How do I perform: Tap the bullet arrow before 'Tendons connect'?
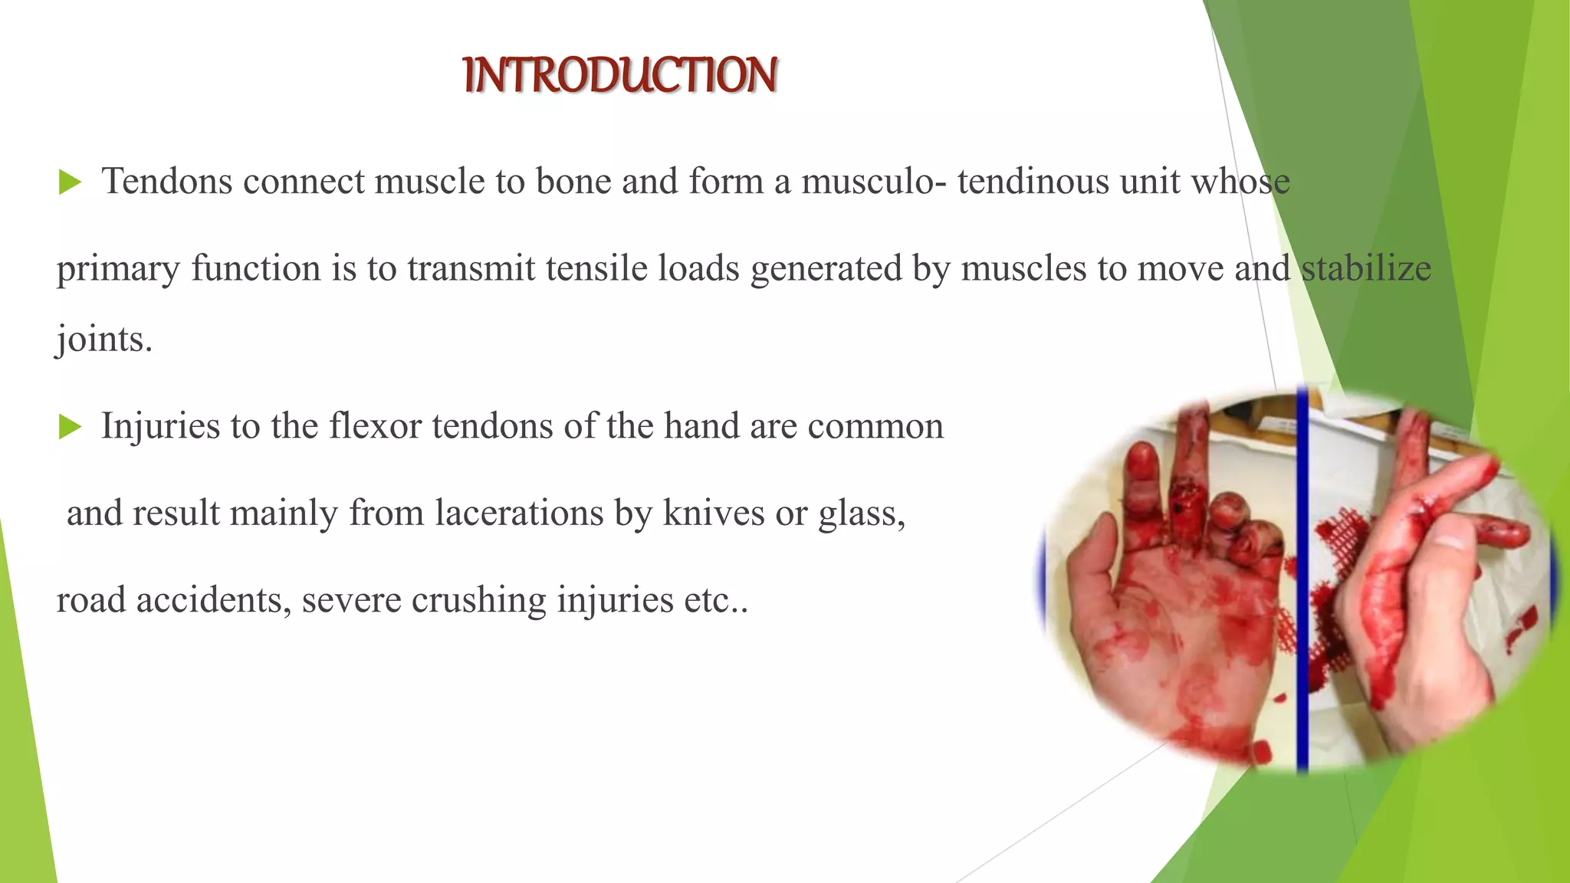(70, 182)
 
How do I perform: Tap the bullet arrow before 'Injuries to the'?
(70, 427)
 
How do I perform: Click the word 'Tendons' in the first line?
(167, 182)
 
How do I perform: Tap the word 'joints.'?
(104, 339)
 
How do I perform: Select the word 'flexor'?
(375, 426)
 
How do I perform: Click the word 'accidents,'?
(213, 600)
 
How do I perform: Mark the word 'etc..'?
(716, 600)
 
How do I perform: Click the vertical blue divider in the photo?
(1302, 583)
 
